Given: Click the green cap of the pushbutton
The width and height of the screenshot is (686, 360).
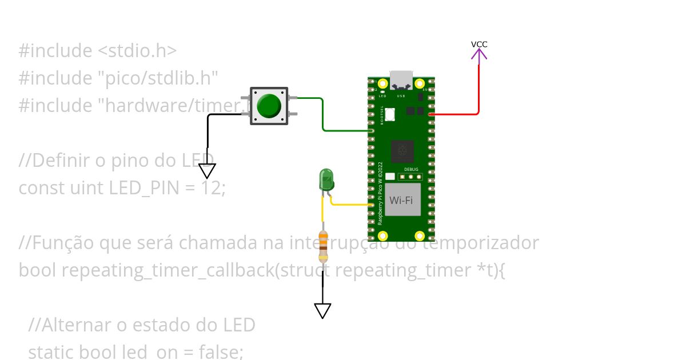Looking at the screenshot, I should pos(269,106).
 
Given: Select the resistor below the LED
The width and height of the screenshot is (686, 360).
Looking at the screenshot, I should pos(323,246).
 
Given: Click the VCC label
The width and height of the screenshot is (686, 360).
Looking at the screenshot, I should pos(479,44).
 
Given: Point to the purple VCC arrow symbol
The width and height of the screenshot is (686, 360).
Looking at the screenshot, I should pos(479,54).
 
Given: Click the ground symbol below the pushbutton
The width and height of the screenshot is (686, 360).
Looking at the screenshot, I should pos(207,171).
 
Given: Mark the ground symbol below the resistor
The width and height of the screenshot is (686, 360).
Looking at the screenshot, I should pos(322,310).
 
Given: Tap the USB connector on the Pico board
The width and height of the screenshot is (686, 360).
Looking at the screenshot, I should pos(401,80).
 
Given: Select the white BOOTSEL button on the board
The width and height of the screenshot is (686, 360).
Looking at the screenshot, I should pos(390,114).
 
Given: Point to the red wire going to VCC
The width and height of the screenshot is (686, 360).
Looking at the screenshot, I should pos(478,91).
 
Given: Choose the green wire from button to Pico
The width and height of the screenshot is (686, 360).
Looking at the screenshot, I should pos(324,117).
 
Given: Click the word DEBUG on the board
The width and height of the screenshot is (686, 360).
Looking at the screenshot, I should pos(411,170).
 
